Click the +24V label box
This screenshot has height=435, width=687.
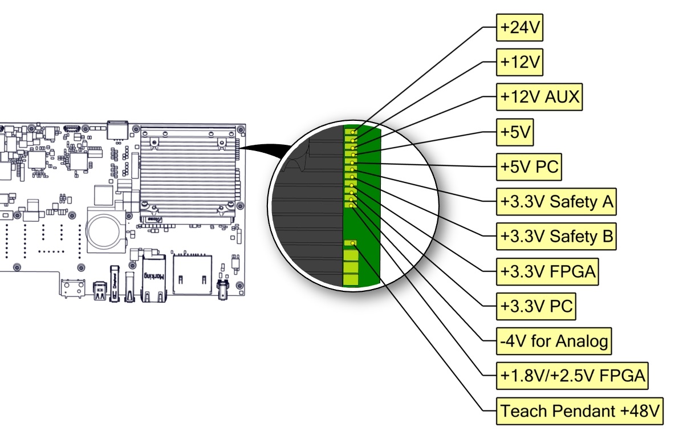(x=519, y=27)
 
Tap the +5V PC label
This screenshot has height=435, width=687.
(x=529, y=168)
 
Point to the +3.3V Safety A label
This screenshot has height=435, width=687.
(x=556, y=202)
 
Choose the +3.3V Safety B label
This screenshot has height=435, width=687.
(x=556, y=237)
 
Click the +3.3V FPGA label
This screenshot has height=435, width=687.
(x=547, y=271)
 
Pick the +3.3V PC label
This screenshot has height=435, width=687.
(x=536, y=306)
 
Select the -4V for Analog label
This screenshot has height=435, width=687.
(x=554, y=341)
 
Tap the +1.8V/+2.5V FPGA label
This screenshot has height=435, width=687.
(x=572, y=376)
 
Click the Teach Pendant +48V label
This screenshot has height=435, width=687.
(x=580, y=410)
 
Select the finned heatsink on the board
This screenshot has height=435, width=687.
(x=188, y=171)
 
